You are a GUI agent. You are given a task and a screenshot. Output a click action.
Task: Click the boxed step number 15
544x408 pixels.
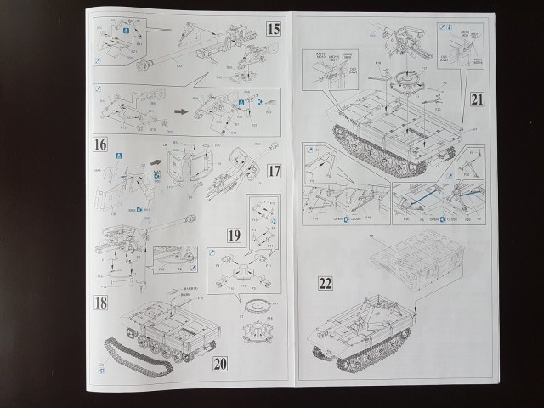[272, 28]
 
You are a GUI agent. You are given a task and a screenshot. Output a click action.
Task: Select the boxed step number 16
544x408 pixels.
[101, 144]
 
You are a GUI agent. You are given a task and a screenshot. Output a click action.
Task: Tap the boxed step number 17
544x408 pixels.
[272, 171]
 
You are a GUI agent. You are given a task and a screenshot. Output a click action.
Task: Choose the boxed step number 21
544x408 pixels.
[477, 100]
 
